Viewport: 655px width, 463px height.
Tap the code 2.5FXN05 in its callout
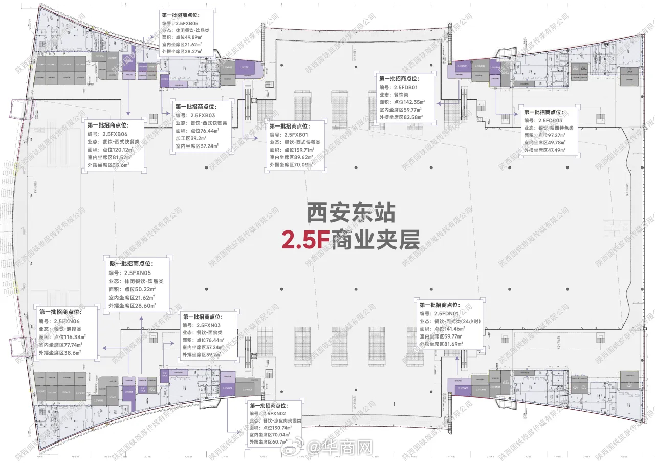[139, 272]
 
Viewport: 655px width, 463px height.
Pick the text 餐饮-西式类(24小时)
[455, 321]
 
